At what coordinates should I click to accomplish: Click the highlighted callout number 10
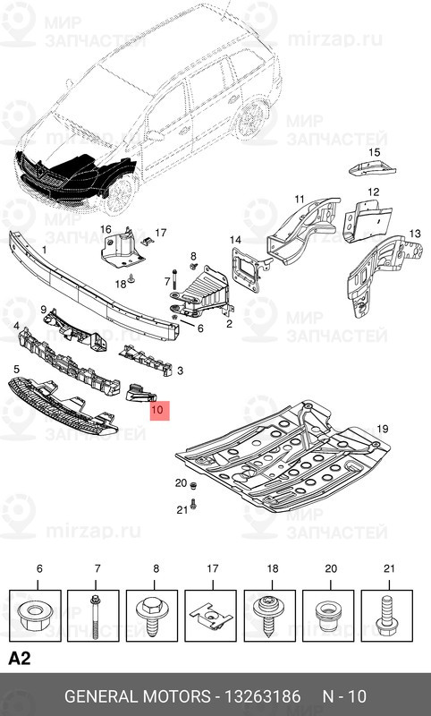click(158, 412)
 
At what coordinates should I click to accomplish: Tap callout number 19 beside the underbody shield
click(382, 430)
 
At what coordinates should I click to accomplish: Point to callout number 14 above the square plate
click(235, 240)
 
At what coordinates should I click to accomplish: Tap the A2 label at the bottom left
click(20, 659)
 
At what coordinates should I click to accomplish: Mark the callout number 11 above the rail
click(300, 198)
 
